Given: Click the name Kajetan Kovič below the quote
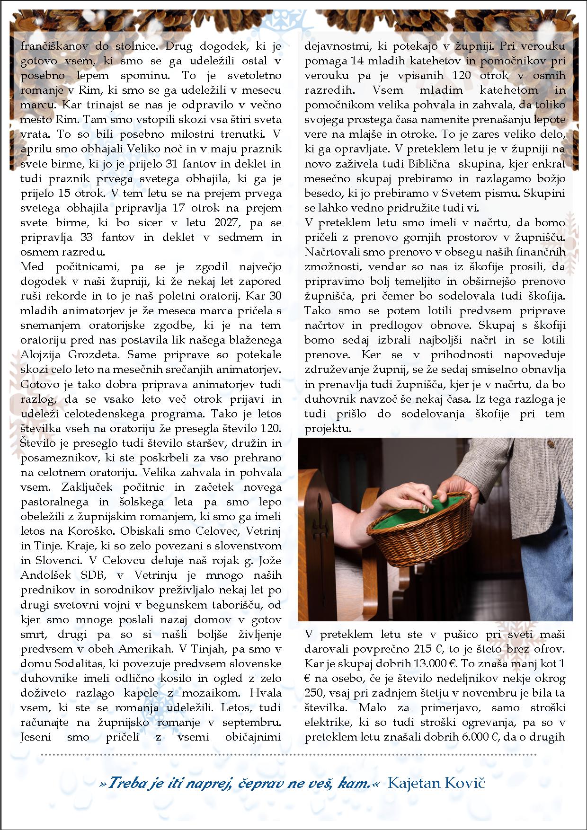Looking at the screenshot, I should [x=436, y=783].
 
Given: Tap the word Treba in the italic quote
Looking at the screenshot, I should [x=124, y=784].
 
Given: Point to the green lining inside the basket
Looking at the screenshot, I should [x=417, y=521].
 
